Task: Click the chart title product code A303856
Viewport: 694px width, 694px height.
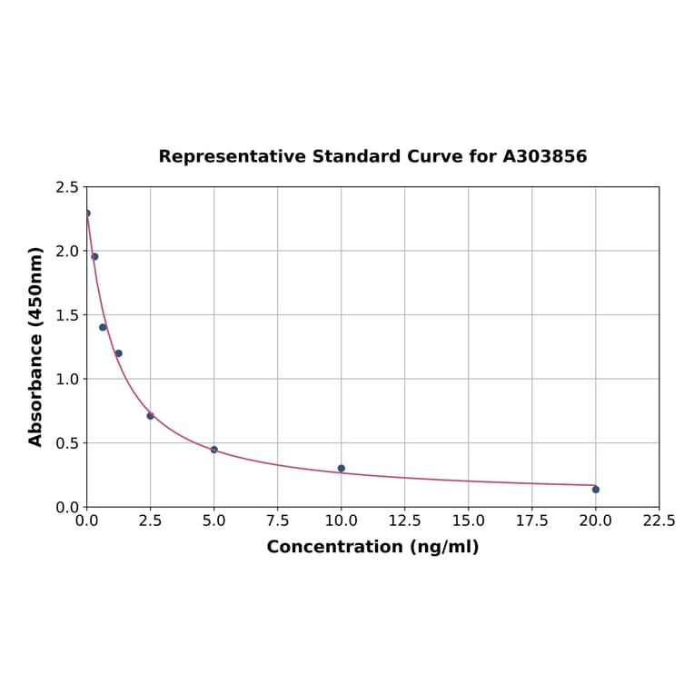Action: (x=544, y=157)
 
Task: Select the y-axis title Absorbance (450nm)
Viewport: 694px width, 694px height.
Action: (x=36, y=346)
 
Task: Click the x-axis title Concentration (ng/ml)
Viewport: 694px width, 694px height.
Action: (x=372, y=547)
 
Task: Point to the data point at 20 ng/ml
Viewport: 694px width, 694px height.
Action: (x=596, y=490)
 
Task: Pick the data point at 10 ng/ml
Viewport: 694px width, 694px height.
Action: (x=342, y=469)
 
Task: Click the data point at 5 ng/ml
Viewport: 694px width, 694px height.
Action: (x=214, y=450)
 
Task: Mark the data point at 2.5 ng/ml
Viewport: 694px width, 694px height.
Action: (x=151, y=416)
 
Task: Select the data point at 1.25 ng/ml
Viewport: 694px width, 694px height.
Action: (x=118, y=353)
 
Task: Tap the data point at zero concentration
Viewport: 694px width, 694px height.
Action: (x=87, y=213)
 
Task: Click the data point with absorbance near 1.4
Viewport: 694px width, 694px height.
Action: (x=103, y=327)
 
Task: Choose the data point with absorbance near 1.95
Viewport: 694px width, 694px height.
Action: (x=94, y=256)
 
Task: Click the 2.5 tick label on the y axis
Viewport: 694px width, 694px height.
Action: (x=66, y=187)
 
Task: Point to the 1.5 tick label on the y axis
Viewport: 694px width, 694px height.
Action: (x=66, y=315)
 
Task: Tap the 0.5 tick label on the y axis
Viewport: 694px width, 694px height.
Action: (x=66, y=443)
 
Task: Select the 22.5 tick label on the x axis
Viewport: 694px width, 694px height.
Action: (x=659, y=521)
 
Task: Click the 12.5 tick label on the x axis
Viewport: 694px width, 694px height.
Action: (x=404, y=521)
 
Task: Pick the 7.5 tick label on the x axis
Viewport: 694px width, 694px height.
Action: (x=277, y=521)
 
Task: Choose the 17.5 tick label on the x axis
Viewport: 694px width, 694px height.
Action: (x=531, y=521)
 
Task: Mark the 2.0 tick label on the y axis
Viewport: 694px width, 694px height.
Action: (x=66, y=251)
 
